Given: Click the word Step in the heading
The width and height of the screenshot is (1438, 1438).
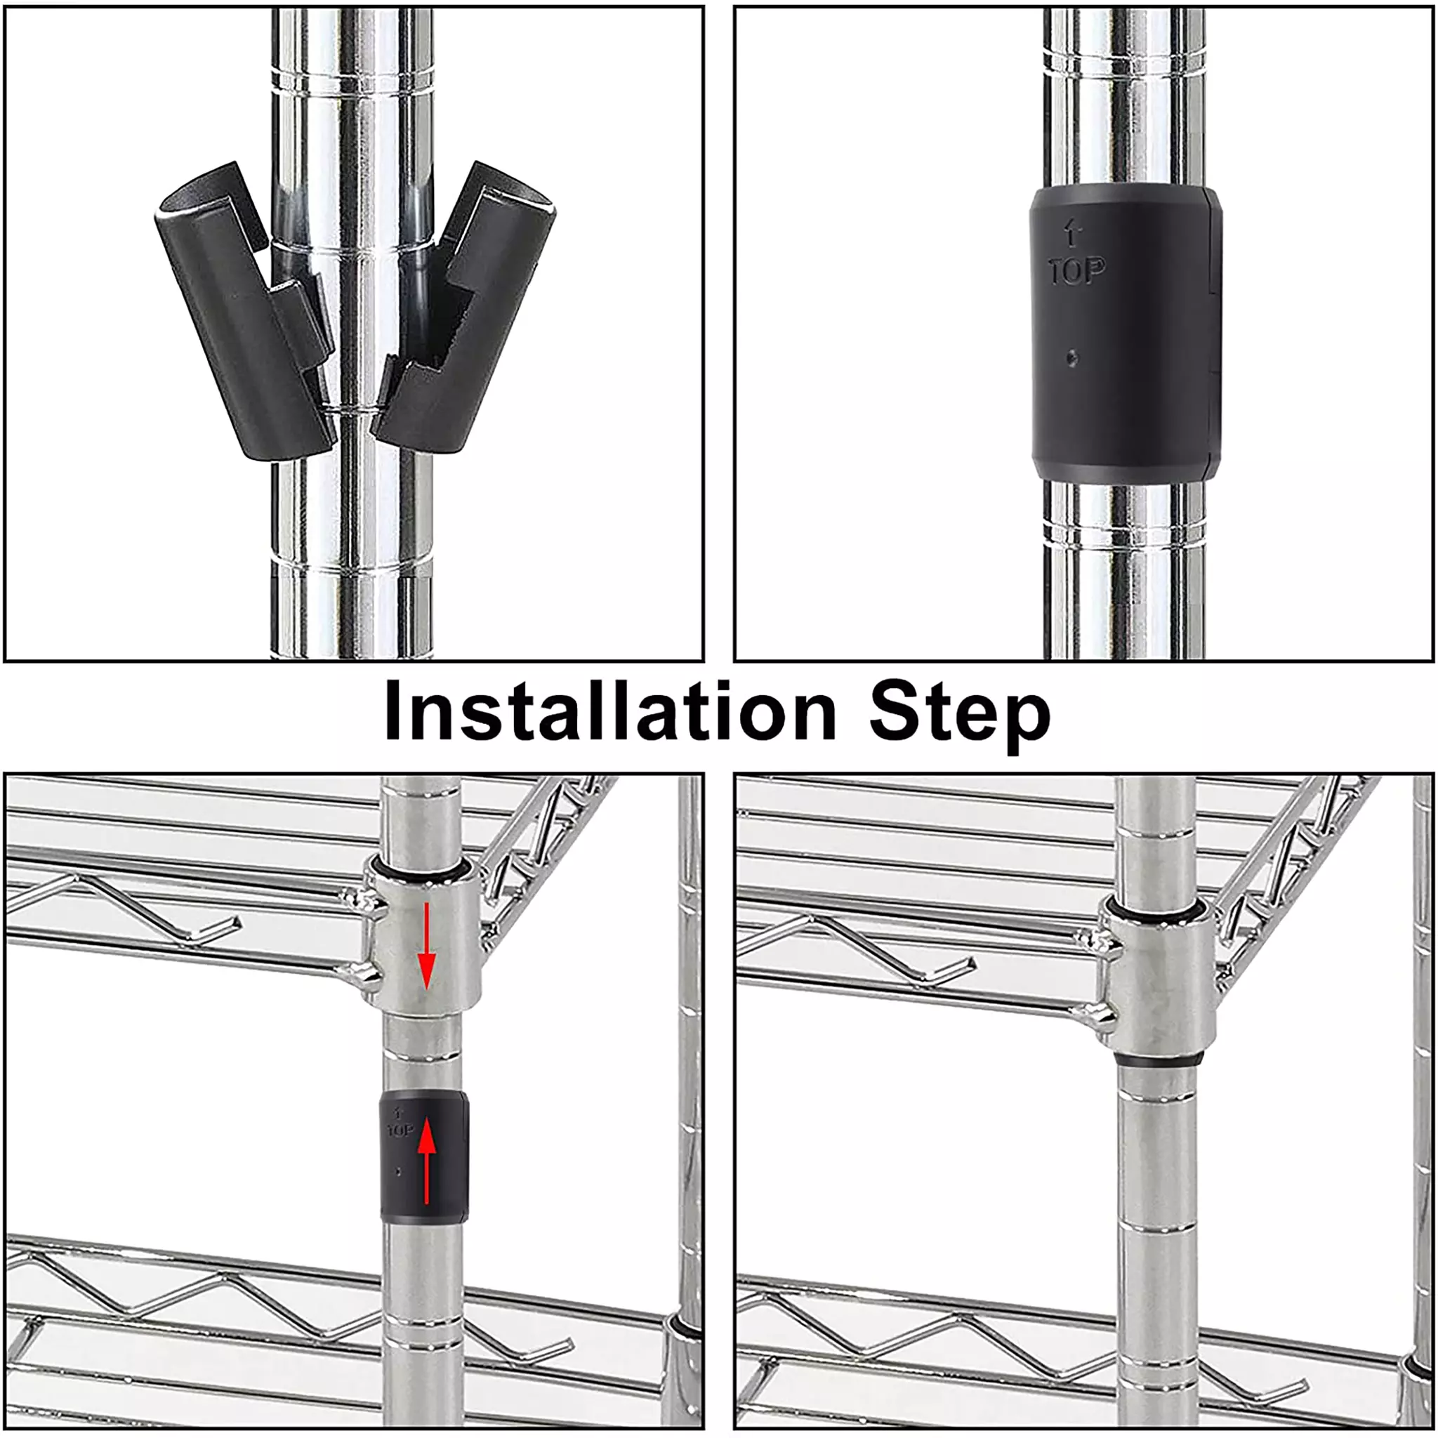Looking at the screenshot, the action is [x=960, y=716].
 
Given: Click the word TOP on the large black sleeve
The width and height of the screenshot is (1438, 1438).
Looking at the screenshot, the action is [x=1076, y=271].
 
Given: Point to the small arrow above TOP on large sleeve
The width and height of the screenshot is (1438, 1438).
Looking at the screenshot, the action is [x=1071, y=232].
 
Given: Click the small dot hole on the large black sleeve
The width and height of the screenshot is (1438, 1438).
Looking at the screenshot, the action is [x=1071, y=359].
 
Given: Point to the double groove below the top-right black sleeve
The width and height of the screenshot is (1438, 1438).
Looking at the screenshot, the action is [x=1124, y=530].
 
